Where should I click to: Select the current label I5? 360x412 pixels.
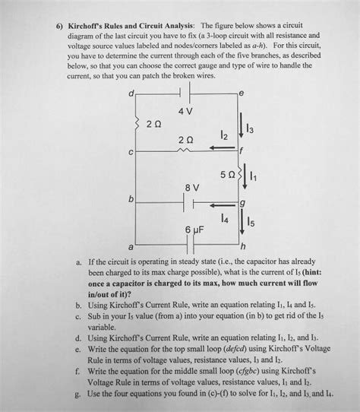[252, 223]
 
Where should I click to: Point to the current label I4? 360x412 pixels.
[223, 218]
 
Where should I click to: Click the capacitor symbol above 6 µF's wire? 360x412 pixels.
[185, 244]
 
